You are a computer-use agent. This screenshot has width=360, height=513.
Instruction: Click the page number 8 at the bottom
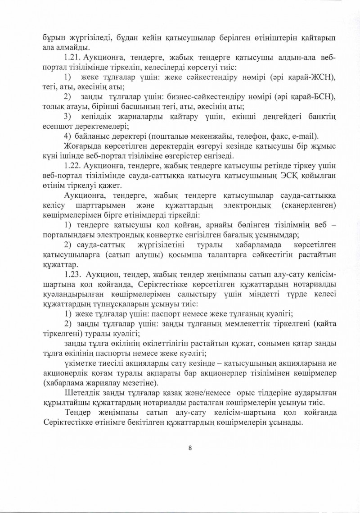click(190, 448)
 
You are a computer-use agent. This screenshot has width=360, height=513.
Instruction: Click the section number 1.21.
click(74, 58)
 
